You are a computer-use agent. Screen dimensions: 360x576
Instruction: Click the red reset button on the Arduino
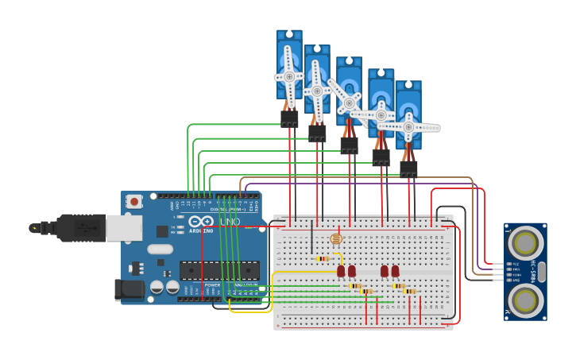pyautogui.click(x=134, y=201)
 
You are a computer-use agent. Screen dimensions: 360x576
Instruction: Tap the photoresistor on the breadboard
pyautogui.click(x=335, y=238)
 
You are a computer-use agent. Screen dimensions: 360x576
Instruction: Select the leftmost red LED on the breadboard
pyautogui.click(x=342, y=271)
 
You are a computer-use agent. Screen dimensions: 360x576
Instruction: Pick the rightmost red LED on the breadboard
pyautogui.click(x=395, y=271)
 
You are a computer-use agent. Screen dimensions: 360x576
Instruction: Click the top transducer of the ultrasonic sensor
pyautogui.click(x=525, y=241)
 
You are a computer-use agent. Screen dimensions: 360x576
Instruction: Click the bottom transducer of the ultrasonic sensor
pyautogui.click(x=525, y=300)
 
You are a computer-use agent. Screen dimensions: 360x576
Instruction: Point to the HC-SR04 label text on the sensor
pyautogui.click(x=534, y=270)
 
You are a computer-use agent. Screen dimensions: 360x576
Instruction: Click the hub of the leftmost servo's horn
pyautogui.click(x=289, y=76)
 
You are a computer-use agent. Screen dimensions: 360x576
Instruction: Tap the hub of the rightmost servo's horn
pyautogui.click(x=408, y=127)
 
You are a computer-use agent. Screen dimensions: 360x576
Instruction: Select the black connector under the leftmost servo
pyautogui.click(x=289, y=118)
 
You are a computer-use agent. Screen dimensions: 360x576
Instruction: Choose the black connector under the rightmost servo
pyautogui.click(x=408, y=169)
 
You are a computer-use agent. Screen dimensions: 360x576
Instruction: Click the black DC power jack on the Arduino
pyautogui.click(x=129, y=290)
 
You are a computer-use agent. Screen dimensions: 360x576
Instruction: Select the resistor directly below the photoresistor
pyautogui.click(x=323, y=258)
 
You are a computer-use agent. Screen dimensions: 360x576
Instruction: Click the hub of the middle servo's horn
pyautogui.click(x=349, y=103)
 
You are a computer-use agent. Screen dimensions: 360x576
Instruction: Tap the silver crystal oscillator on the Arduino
pyautogui.click(x=160, y=249)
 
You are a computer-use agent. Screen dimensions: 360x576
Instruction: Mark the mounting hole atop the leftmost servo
pyautogui.click(x=289, y=36)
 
